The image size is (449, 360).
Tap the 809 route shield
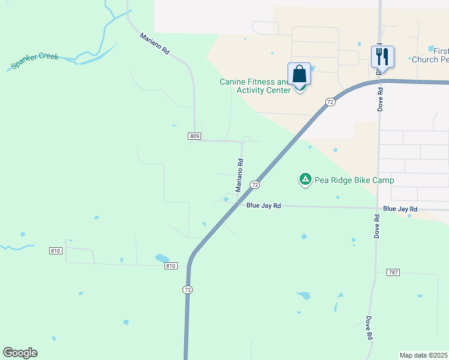[194, 137]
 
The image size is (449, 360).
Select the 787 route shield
[393, 272]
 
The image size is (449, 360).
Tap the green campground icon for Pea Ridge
[306, 179]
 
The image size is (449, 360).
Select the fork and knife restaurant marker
[382, 57]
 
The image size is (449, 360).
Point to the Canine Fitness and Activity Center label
[255, 86]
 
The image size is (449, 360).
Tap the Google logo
[20, 353]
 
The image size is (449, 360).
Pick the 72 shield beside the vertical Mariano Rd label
[255, 185]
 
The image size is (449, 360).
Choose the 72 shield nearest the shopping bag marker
[330, 103]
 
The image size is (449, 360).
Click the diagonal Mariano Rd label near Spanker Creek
[155, 44]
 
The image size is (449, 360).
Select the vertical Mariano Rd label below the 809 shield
[240, 175]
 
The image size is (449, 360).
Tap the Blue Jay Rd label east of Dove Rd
[400, 209]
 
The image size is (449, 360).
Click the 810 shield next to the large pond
[171, 266]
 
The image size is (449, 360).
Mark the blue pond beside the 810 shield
[162, 259]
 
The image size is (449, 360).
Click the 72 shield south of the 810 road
[187, 290]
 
